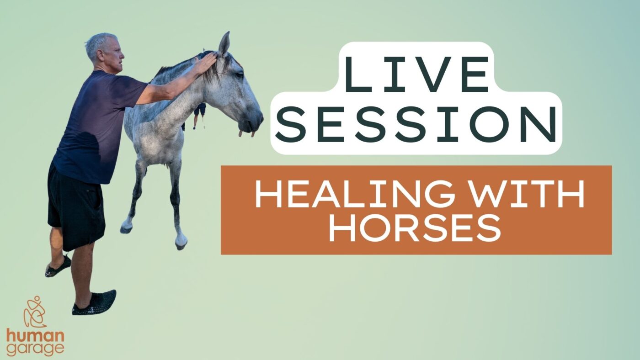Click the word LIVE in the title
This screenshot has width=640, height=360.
[416, 74]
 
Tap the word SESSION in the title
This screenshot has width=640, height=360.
[416, 124]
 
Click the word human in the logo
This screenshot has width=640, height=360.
[36, 336]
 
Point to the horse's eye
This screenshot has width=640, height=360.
[240, 75]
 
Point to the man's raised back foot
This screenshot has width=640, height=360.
[58, 267]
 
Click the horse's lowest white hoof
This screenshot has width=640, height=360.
[181, 242]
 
